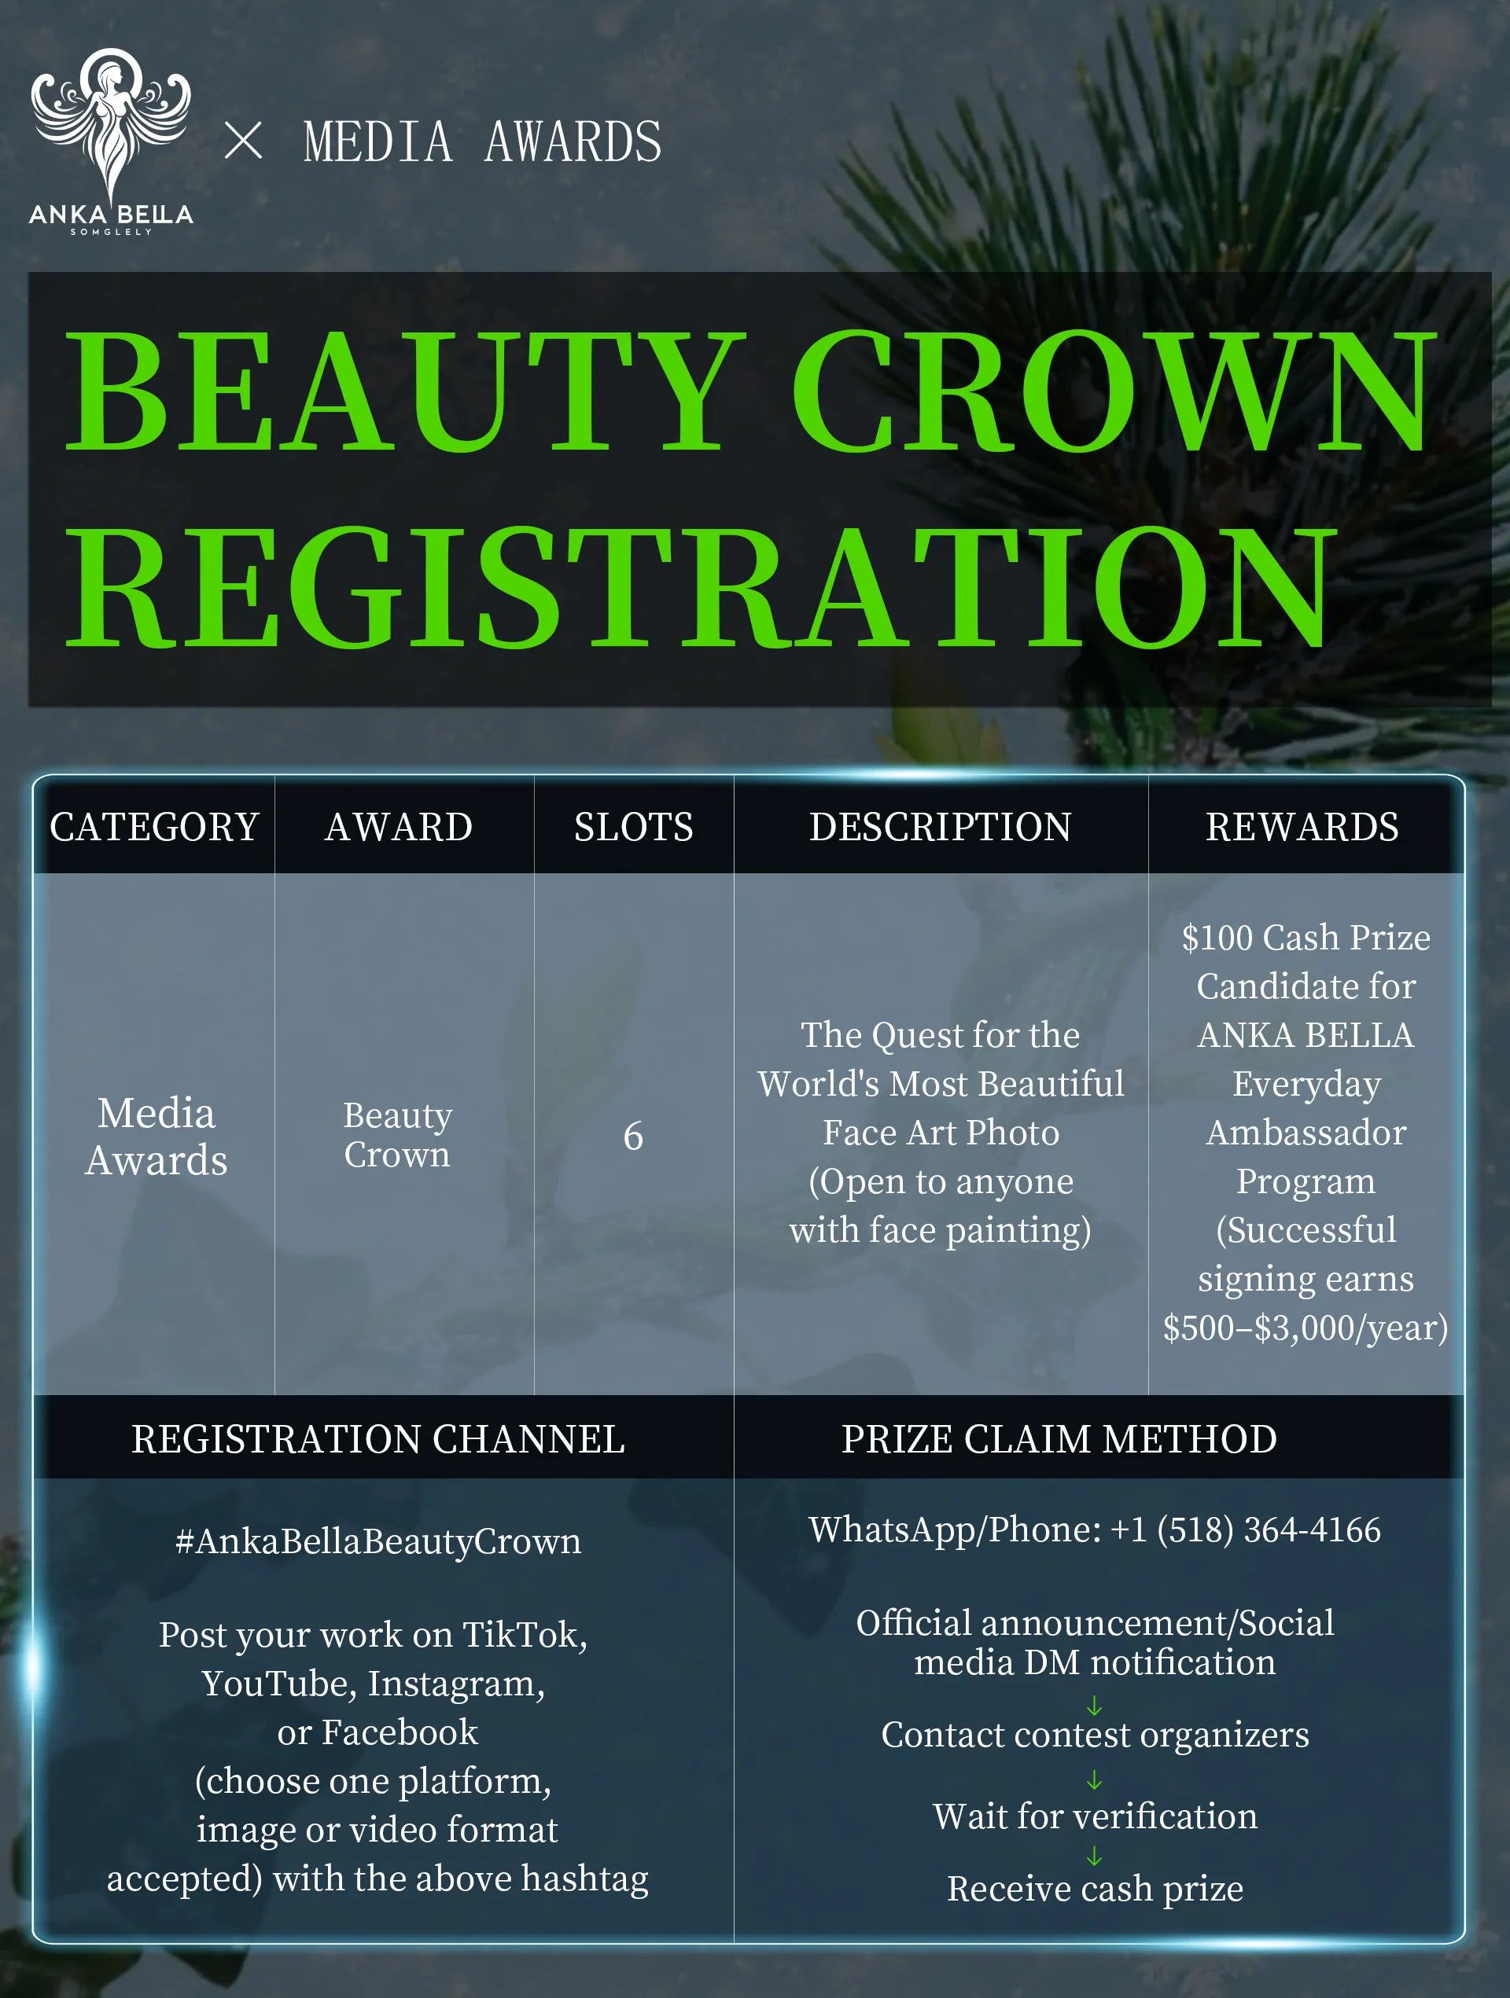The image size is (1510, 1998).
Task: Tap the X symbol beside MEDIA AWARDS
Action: point(243,141)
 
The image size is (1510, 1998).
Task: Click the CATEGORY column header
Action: point(154,828)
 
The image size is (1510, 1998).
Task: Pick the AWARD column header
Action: point(399,828)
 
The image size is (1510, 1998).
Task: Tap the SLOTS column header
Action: point(633,828)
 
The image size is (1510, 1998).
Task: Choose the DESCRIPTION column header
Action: point(940,828)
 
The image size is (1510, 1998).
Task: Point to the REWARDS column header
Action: point(1302,828)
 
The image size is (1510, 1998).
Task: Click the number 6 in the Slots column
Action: point(633,1137)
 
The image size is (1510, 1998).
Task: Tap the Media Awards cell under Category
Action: point(157,1137)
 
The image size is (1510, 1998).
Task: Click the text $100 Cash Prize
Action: point(1306,938)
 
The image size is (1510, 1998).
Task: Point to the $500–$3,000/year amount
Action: point(1306,1328)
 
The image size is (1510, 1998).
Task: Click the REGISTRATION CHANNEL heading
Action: point(377,1440)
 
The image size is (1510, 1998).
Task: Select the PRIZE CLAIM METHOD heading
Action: point(1059,1440)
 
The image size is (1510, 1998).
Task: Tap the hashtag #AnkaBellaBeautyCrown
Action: point(377,1541)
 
